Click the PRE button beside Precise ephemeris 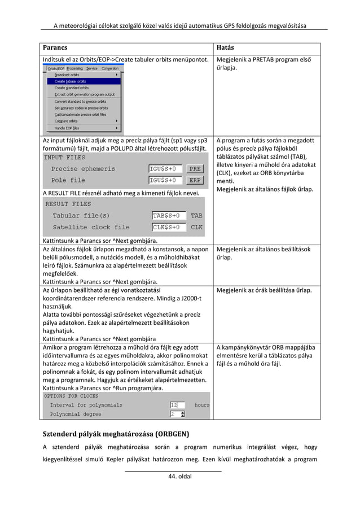pyautogui.click(x=195, y=169)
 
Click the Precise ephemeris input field pyautogui.click(x=166, y=169)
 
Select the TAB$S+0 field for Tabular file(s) pyautogui.click(x=169, y=216)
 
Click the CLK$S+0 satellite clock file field pyautogui.click(x=169, y=228)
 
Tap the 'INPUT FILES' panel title pyautogui.click(x=65, y=157)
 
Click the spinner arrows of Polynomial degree pyautogui.click(x=183, y=415)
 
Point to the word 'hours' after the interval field pyautogui.click(x=201, y=405)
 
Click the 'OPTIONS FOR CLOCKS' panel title pyautogui.click(x=71, y=396)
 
